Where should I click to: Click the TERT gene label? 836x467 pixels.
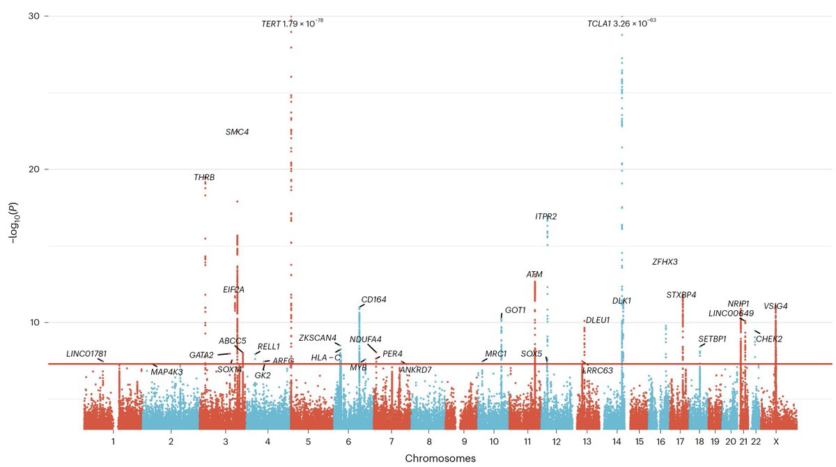pyautogui.click(x=270, y=24)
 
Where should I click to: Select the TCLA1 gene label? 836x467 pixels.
pyautogui.click(x=598, y=24)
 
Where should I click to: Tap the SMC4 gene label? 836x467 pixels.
pyautogui.click(x=237, y=132)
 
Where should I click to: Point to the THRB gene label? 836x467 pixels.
pyautogui.click(x=204, y=178)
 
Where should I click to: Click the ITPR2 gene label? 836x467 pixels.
pyautogui.click(x=545, y=217)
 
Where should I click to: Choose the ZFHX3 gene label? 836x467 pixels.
pyautogui.click(x=665, y=262)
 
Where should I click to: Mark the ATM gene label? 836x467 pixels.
pyautogui.click(x=534, y=274)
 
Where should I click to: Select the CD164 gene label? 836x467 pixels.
pyautogui.click(x=373, y=300)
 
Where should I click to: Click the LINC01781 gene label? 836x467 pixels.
pyautogui.click(x=86, y=353)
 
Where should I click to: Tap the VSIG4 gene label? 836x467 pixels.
pyautogui.click(x=775, y=306)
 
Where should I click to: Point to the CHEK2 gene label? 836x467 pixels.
pyautogui.click(x=769, y=339)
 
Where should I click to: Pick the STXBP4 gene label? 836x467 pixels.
pyautogui.click(x=681, y=295)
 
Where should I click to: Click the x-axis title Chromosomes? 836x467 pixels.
pyautogui.click(x=440, y=459)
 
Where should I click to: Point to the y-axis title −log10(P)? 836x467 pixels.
pyautogui.click(x=12, y=223)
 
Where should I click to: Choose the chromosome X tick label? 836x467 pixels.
pyautogui.click(x=776, y=441)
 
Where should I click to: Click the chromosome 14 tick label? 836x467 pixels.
pyautogui.click(x=617, y=441)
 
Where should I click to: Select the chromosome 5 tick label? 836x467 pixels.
pyautogui.click(x=308, y=441)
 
